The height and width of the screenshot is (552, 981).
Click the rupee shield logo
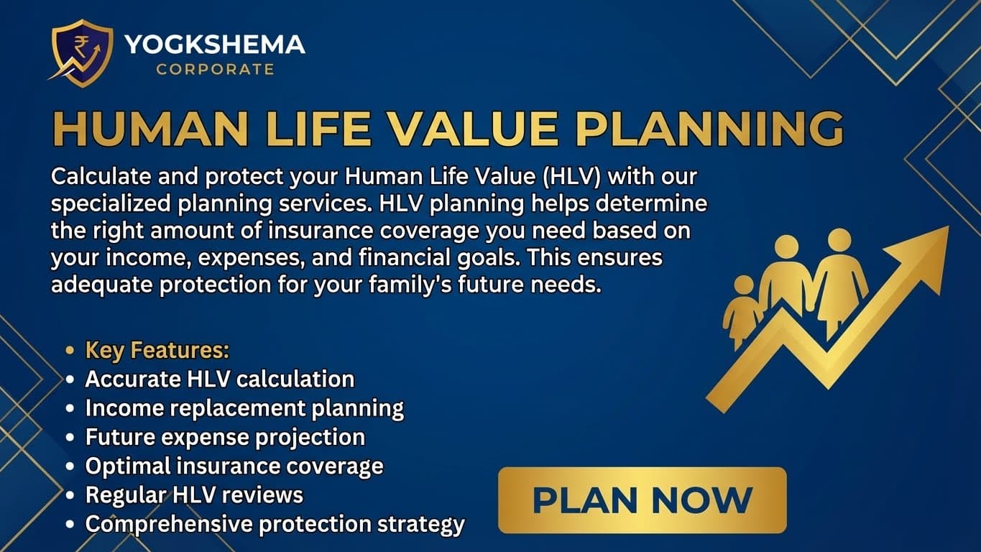(x=81, y=52)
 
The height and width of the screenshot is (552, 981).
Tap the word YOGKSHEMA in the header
(x=215, y=45)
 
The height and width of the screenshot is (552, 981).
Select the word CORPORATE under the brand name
(x=215, y=70)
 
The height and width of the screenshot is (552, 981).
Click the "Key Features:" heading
(x=157, y=350)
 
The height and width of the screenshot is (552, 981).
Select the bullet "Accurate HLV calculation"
(x=219, y=379)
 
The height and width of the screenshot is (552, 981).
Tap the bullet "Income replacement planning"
(x=244, y=408)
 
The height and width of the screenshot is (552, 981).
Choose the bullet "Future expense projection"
(x=225, y=437)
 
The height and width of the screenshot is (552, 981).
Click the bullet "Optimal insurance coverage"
(x=234, y=466)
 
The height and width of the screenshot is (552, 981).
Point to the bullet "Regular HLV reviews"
(x=194, y=494)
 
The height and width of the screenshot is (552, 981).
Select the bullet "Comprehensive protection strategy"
(x=275, y=524)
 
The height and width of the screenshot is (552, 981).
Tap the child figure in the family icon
(x=742, y=309)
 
